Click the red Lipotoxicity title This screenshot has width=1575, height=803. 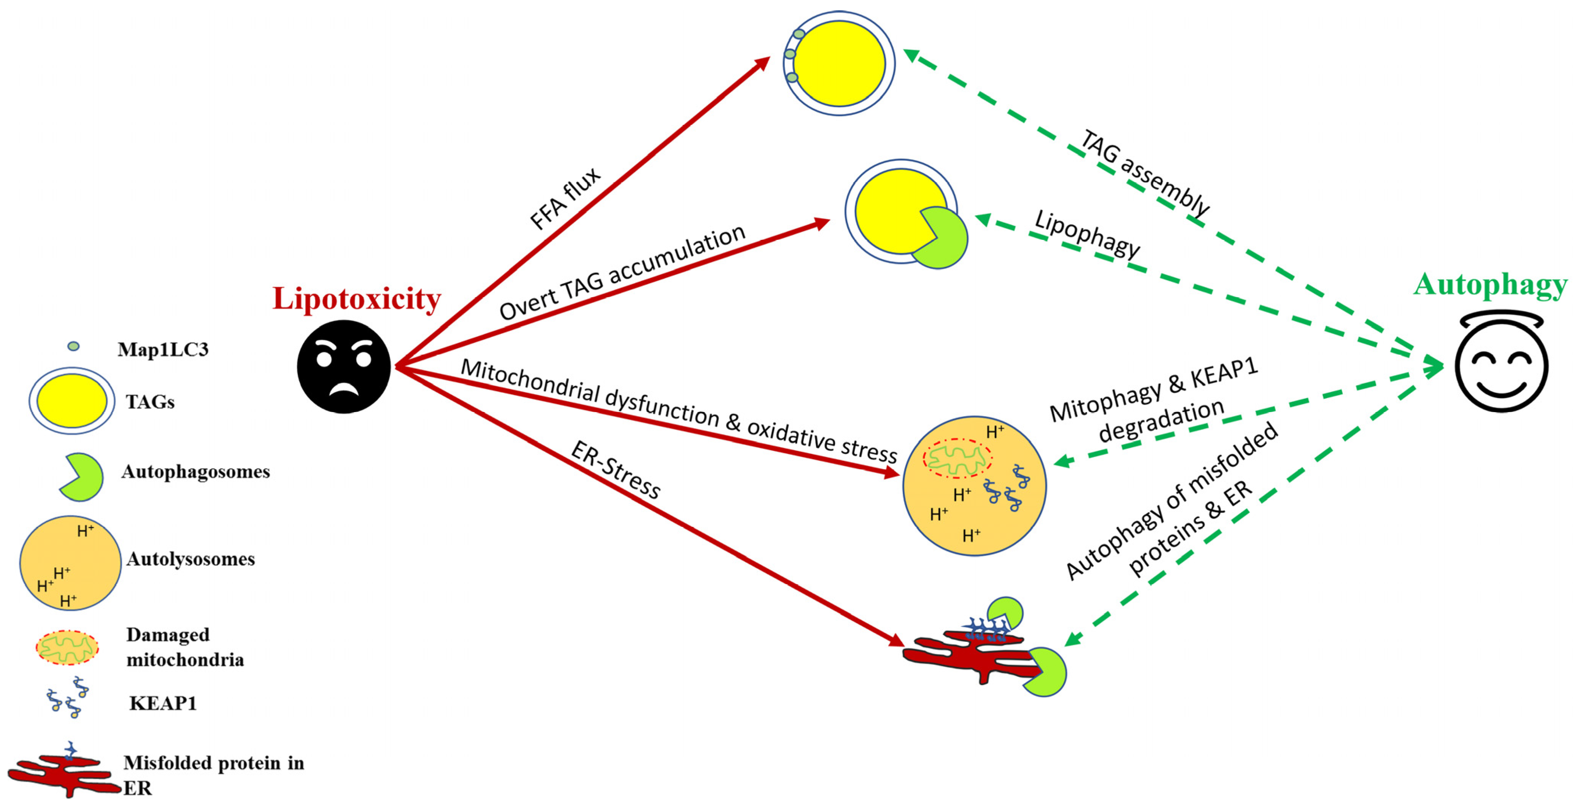(356, 299)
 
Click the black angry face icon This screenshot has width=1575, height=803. (344, 367)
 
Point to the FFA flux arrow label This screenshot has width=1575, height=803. (565, 199)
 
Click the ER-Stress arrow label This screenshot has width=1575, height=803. (615, 470)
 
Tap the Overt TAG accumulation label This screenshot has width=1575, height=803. (622, 272)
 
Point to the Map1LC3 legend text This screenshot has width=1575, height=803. (163, 349)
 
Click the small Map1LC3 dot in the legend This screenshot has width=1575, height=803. (73, 346)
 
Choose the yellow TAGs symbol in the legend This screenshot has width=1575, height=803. (71, 401)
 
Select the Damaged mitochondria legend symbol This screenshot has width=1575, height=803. (67, 647)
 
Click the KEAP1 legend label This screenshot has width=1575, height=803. (163, 703)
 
